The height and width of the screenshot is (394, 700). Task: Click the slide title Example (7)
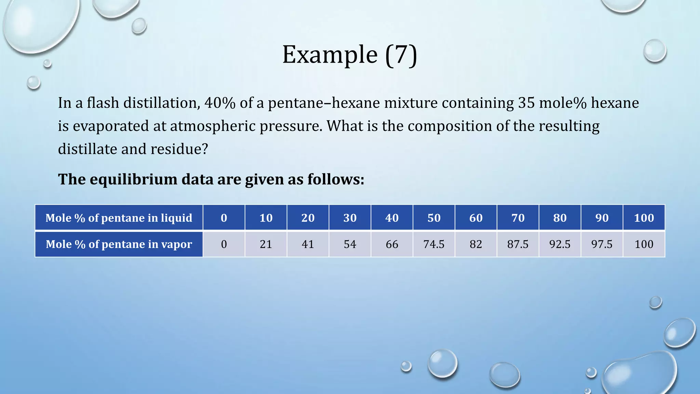pyautogui.click(x=349, y=55)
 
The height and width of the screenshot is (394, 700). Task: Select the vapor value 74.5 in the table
pyautogui.click(x=434, y=244)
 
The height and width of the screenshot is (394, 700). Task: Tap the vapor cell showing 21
pyautogui.click(x=266, y=244)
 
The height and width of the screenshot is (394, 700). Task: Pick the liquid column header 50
pyautogui.click(x=434, y=218)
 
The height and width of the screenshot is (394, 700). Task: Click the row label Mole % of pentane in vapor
pyautogui.click(x=119, y=244)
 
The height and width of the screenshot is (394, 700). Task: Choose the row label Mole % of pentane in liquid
pyautogui.click(x=119, y=218)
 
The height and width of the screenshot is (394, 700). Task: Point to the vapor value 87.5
pyautogui.click(x=518, y=244)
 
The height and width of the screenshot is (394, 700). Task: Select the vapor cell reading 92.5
pyautogui.click(x=560, y=244)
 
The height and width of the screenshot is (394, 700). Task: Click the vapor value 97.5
pyautogui.click(x=602, y=244)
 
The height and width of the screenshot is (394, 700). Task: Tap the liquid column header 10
pyautogui.click(x=266, y=218)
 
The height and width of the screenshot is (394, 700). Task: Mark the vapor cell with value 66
pyautogui.click(x=392, y=244)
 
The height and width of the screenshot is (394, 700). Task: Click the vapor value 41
pyautogui.click(x=308, y=244)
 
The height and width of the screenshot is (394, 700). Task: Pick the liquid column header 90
pyautogui.click(x=602, y=218)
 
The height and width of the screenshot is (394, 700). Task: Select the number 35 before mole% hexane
pyautogui.click(x=526, y=103)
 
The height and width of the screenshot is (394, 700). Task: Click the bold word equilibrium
pyautogui.click(x=133, y=179)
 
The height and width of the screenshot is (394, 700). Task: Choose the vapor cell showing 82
pyautogui.click(x=476, y=244)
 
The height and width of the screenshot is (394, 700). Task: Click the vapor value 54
pyautogui.click(x=350, y=244)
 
